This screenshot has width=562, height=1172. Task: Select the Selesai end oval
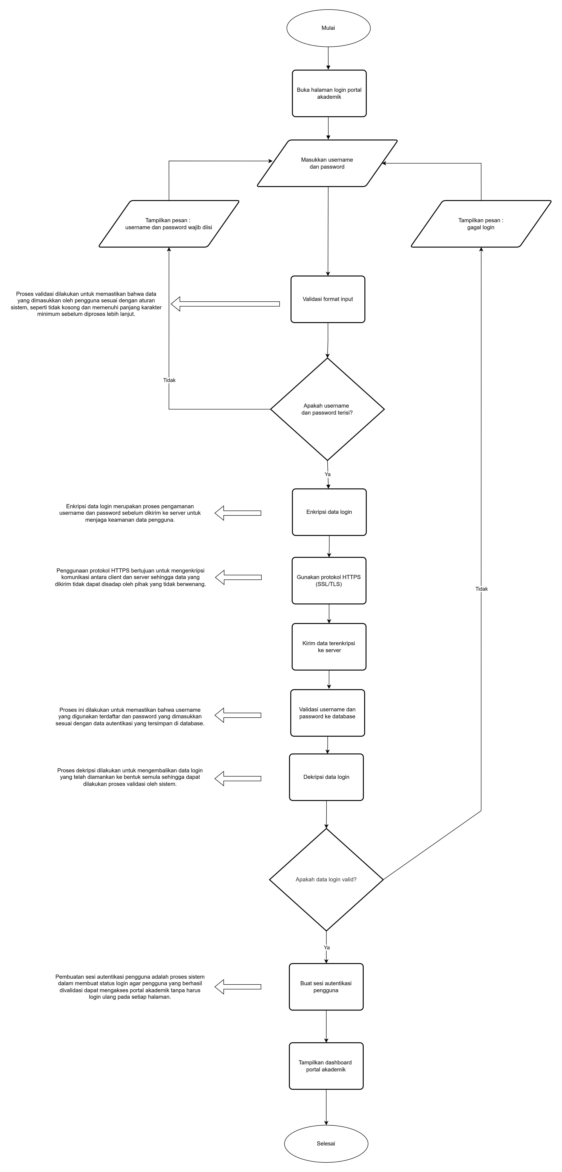[326, 1143]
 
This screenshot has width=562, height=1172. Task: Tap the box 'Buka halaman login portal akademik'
[329, 93]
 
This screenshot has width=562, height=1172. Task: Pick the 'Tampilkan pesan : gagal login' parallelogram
[481, 224]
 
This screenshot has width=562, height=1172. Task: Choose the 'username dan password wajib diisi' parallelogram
[169, 224]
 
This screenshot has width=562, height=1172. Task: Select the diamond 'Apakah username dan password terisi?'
[327, 409]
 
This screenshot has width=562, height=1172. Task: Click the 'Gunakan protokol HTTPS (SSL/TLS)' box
[329, 581]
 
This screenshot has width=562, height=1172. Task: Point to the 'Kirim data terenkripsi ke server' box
[329, 647]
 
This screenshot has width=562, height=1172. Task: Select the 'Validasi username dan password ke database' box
[328, 713]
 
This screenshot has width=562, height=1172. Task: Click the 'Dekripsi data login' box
[326, 777]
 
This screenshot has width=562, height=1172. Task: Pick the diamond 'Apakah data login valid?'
[326, 879]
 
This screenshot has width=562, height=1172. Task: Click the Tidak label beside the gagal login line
[481, 589]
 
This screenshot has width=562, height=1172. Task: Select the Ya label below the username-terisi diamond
[328, 474]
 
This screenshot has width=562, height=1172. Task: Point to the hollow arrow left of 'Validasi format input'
[225, 304]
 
